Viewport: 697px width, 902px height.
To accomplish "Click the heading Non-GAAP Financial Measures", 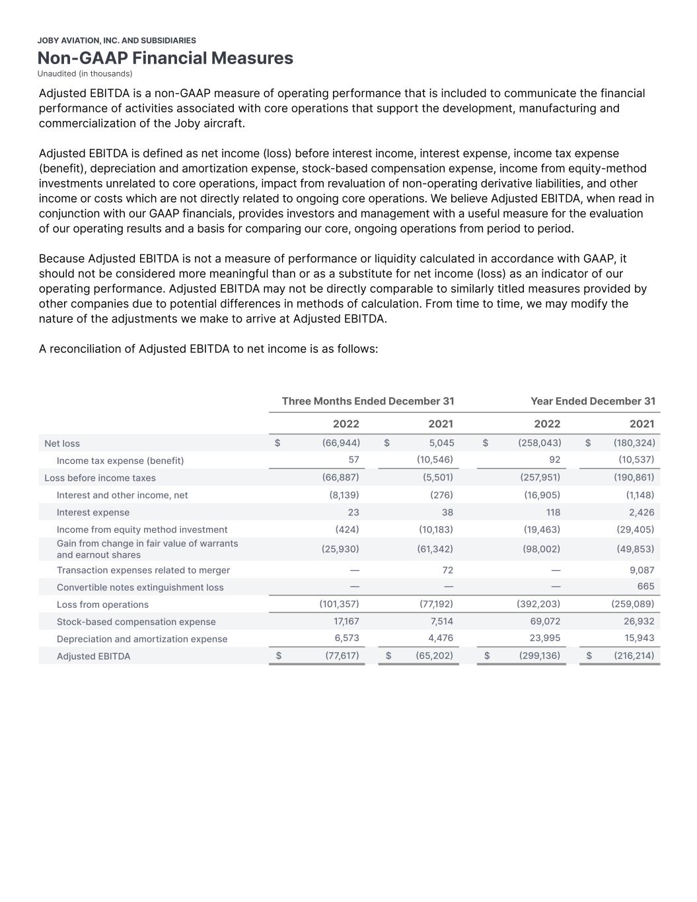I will pyautogui.click(x=165, y=58).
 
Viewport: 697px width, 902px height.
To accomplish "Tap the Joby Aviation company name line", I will pyautogui.click(x=116, y=40).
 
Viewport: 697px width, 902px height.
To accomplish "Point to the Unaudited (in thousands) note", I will pyautogui.click(x=85, y=73).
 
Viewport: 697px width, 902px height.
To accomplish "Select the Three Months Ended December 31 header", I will pyautogui.click(x=367, y=401).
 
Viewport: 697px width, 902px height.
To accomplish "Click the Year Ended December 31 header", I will pyautogui.click(x=593, y=401).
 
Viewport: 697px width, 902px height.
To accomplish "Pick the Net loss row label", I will pyautogui.click(x=62, y=443).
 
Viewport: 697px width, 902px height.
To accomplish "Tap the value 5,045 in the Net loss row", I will pyautogui.click(x=441, y=443).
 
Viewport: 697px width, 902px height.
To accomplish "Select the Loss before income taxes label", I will pyautogui.click(x=100, y=478).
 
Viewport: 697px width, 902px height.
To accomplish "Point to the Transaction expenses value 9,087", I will pyautogui.click(x=642, y=570).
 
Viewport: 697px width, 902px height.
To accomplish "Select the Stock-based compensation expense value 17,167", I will pyautogui.click(x=346, y=621).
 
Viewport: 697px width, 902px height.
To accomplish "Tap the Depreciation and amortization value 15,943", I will pyautogui.click(x=640, y=638).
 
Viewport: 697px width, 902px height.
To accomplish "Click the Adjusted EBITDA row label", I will pyautogui.click(x=93, y=656).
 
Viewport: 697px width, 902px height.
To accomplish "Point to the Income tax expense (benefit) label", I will pyautogui.click(x=120, y=461).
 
